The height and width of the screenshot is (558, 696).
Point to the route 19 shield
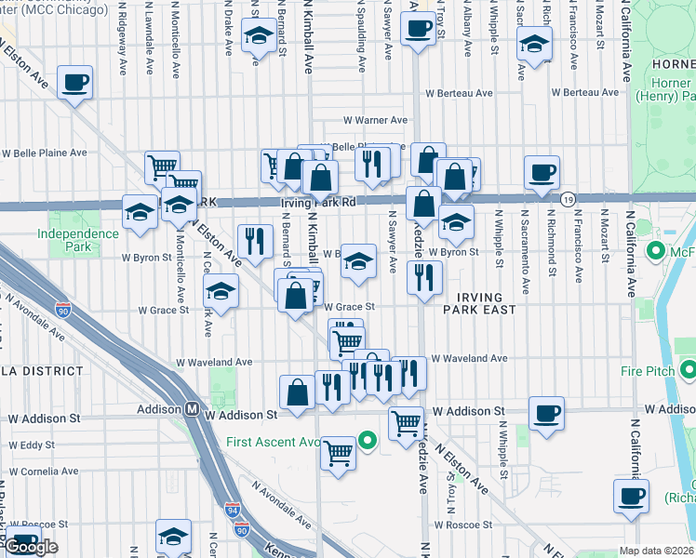point(567,199)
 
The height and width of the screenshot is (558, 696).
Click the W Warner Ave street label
point(376,121)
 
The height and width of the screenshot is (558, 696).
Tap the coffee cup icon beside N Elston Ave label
point(74,83)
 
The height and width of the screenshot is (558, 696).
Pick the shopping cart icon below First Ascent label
point(339,454)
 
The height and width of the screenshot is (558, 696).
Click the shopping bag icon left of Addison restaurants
point(298,392)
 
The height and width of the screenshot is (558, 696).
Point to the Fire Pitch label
point(655,370)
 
